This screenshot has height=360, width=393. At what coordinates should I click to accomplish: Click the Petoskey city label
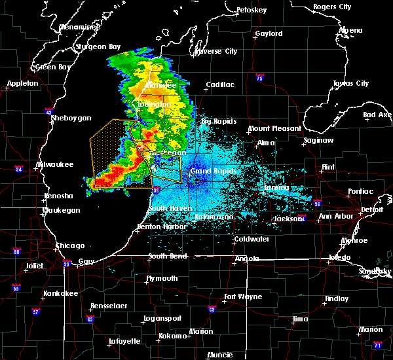pos(252,10)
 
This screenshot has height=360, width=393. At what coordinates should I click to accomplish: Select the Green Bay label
pos(54,67)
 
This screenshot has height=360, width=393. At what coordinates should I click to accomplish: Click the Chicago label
pos(70,245)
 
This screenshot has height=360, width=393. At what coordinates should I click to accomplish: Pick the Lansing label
pos(276,187)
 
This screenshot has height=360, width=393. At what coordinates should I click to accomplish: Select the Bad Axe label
pos(378,115)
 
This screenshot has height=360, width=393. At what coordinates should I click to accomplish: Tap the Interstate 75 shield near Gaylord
pos(260,77)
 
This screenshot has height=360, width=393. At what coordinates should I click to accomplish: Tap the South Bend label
pos(168,256)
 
